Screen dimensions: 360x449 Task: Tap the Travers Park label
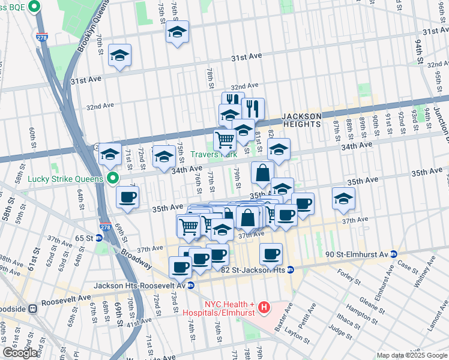click(214, 154)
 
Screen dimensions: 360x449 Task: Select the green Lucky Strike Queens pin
click(112, 178)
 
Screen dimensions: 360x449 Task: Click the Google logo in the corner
click(20, 353)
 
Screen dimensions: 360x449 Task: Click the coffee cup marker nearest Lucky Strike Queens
click(127, 197)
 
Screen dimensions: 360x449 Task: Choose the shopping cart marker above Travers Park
click(225, 140)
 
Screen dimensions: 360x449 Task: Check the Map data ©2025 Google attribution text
click(411, 355)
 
